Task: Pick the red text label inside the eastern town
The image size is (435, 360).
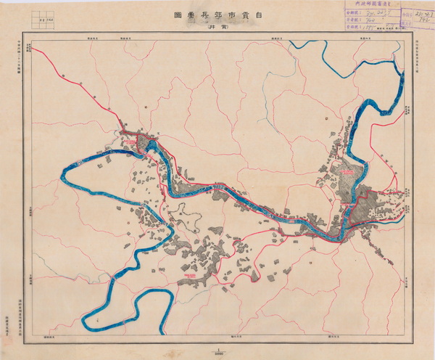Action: [349, 171]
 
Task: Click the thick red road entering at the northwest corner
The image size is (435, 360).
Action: [43, 53]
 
